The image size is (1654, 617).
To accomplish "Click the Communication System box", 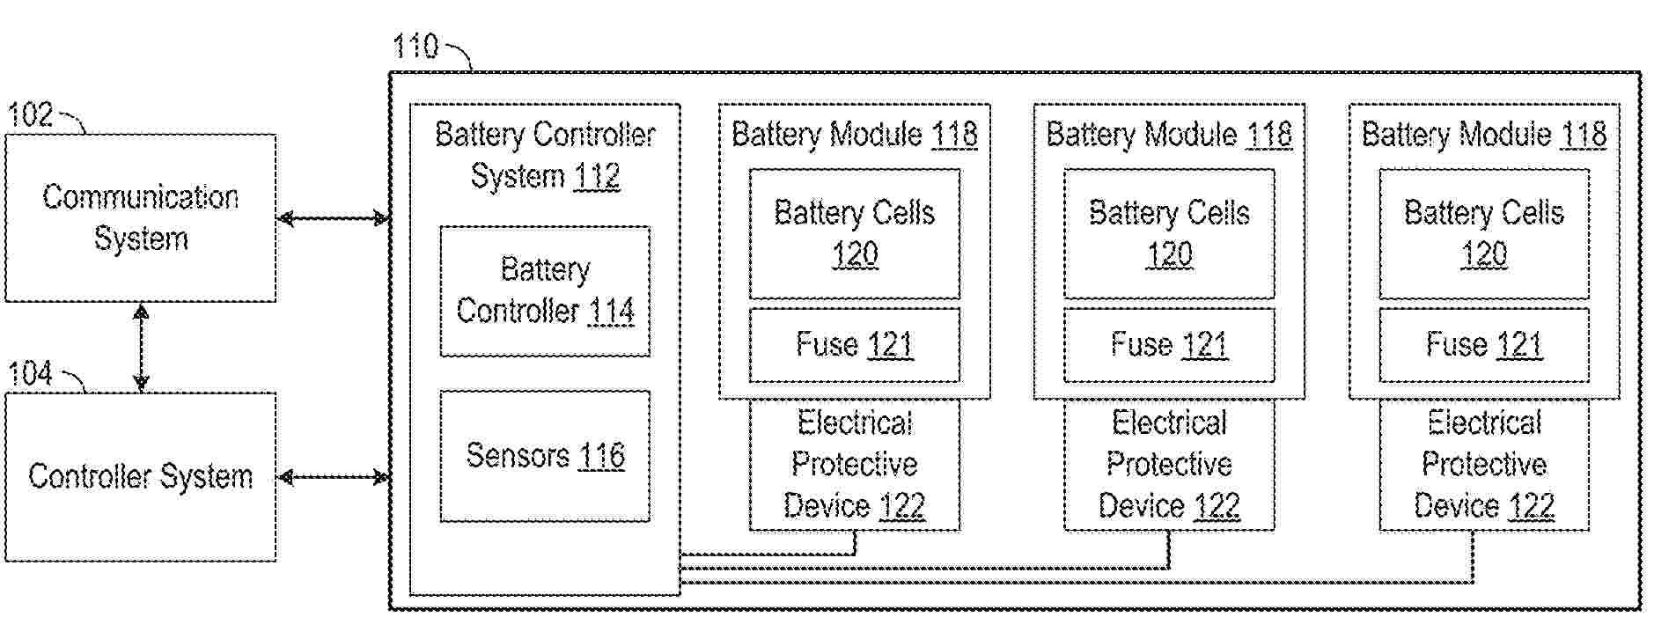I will [x=141, y=217].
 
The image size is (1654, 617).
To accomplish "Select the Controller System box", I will [x=141, y=476].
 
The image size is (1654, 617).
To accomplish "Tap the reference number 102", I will [x=30, y=115].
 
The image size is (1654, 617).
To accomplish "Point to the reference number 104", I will [x=30, y=374].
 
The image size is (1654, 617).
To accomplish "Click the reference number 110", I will [x=415, y=46].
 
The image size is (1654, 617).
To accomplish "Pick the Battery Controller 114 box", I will [x=545, y=291].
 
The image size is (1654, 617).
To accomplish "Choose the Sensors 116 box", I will [x=545, y=456].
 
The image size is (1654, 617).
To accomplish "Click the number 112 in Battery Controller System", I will [x=597, y=177].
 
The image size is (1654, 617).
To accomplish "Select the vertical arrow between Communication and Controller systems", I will [x=141, y=347].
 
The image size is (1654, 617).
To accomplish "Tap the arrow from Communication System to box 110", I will [x=333, y=218].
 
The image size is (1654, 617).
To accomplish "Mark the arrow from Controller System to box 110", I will [x=333, y=478].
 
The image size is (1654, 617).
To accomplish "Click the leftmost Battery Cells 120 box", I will [x=854, y=234].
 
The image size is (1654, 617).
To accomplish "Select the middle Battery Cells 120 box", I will [x=1169, y=234].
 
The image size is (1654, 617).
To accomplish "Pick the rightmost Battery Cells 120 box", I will [x=1484, y=234].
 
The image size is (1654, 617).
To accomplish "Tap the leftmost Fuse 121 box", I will [x=854, y=344].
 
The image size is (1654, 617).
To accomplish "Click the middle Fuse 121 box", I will [x=1169, y=344].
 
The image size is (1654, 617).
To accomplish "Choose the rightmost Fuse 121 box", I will [x=1484, y=344].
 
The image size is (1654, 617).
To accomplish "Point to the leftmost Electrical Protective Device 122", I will [x=854, y=465].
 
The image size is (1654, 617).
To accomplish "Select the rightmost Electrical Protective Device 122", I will [x=1484, y=465].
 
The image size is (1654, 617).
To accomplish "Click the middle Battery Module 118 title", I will [x=1169, y=135].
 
